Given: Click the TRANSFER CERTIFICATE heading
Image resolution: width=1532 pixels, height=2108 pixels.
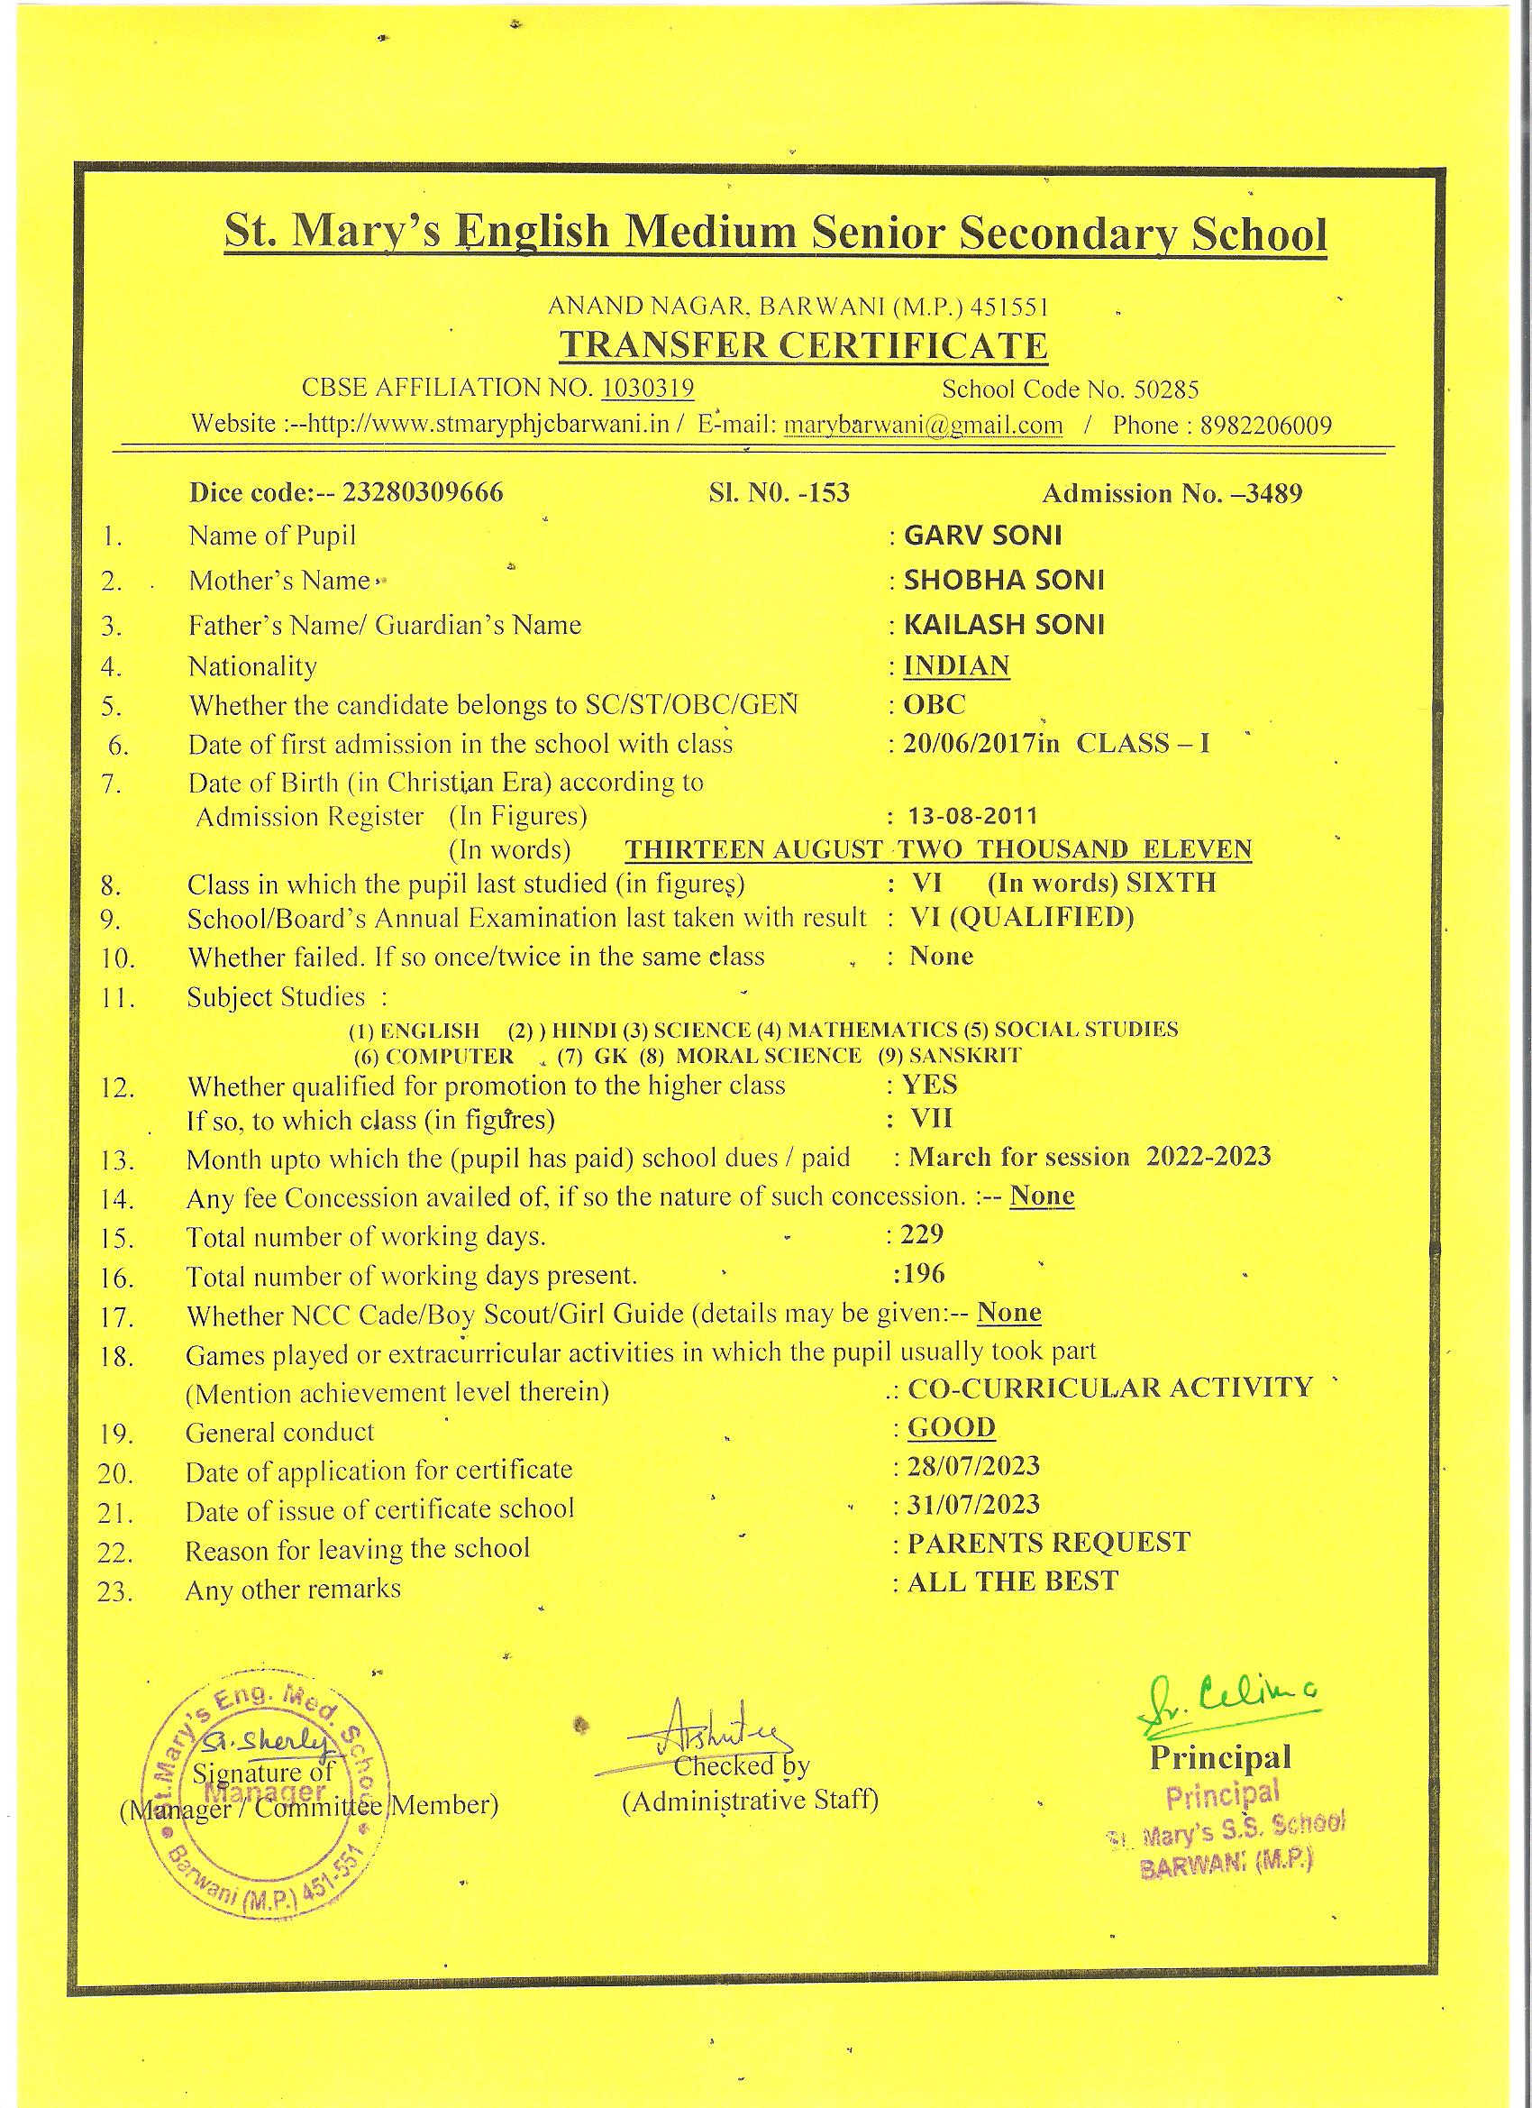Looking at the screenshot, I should pos(803,345).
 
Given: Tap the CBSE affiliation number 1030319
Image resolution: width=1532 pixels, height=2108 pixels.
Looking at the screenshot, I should pos(648,388).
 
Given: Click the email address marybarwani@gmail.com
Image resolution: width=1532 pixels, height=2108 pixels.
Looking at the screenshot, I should pos(924,426).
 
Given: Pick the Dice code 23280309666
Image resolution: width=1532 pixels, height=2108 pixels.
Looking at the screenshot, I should pos(423,491).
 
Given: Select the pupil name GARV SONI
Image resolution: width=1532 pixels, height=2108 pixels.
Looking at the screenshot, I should pos(983,536).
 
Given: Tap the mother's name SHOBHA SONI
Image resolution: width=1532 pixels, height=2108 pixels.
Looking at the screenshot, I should pos(1004,580).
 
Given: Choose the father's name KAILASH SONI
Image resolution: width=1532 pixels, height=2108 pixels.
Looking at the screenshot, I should pos(1004,624).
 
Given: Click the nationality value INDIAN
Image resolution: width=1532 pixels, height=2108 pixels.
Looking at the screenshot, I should pos(956,665).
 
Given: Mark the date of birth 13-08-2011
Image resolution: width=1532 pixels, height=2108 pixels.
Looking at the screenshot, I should pos(972,816).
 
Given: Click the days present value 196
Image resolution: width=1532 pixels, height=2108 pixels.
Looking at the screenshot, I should pos(923,1273).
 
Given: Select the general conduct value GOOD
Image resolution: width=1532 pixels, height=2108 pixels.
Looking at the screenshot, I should pos(952,1426).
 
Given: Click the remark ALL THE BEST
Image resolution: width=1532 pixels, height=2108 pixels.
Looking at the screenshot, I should pos(1013,1581).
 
